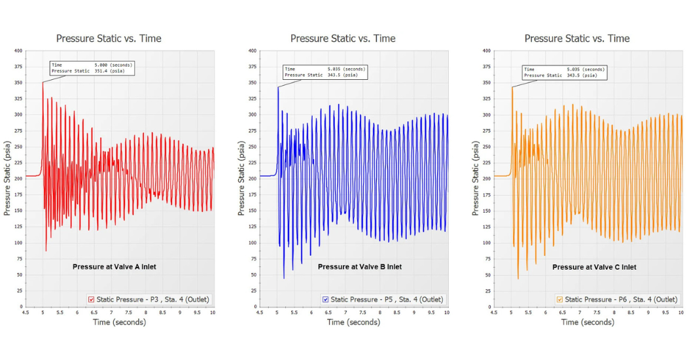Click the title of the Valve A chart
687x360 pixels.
click(x=109, y=39)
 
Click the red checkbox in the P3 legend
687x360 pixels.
click(x=92, y=299)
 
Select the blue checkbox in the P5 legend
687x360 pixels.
click(x=325, y=299)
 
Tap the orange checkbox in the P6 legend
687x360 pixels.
click(x=559, y=299)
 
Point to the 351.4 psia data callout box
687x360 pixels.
click(x=92, y=68)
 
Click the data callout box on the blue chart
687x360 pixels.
click(x=325, y=72)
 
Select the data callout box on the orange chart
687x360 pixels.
click(x=565, y=72)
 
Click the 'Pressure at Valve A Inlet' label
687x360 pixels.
click(x=114, y=266)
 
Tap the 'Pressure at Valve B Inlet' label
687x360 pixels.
click(x=360, y=266)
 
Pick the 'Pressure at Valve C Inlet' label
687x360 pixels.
click(x=594, y=267)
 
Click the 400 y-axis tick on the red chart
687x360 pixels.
click(x=18, y=50)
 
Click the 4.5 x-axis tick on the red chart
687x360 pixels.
click(x=26, y=313)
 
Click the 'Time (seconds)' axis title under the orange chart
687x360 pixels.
click(x=587, y=322)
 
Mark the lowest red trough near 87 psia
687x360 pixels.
click(x=46, y=250)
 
